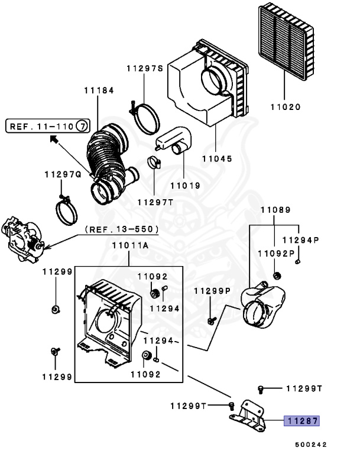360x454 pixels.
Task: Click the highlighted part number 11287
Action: coord(303,421)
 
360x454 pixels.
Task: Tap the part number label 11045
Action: coord(217,159)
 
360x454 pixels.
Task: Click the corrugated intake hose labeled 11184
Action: coord(106,158)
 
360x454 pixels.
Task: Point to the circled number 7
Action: coord(83,125)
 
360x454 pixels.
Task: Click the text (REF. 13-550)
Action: coord(122,229)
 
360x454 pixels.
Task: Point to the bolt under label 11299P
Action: coord(210,321)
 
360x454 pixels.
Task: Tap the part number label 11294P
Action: coord(300,240)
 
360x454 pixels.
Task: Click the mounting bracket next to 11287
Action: coord(248,414)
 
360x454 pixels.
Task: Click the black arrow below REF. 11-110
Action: coord(53,140)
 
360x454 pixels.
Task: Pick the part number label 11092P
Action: coord(276,253)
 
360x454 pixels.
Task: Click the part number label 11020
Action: coord(286,108)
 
